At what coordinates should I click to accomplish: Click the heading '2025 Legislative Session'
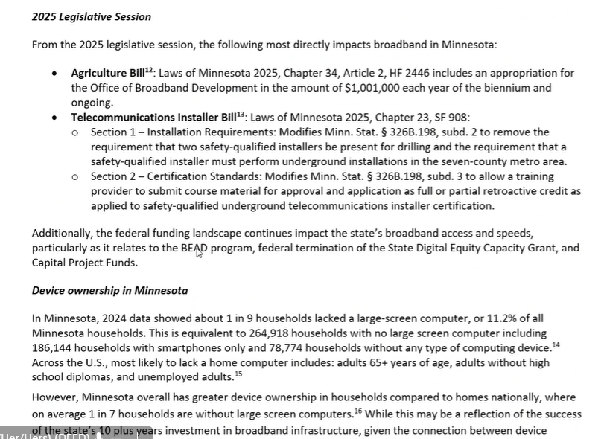91,17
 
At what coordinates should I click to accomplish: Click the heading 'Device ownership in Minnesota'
109,290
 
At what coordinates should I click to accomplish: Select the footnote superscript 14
553,344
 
